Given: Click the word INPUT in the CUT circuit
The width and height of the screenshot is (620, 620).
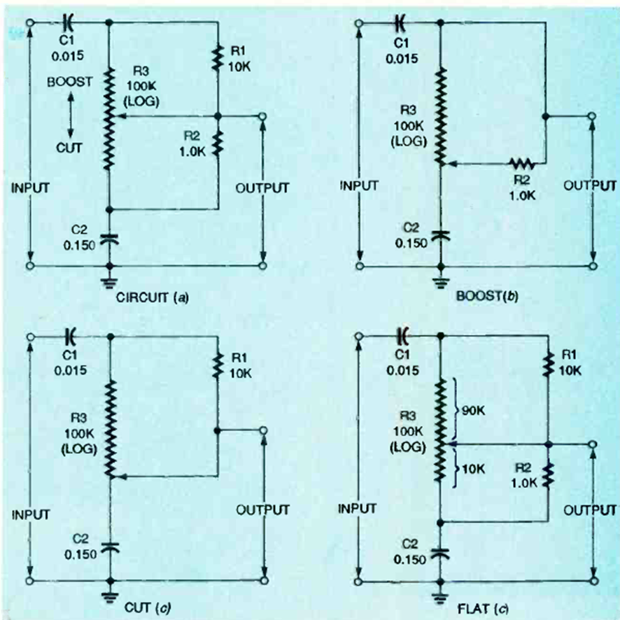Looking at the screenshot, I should click(x=30, y=514).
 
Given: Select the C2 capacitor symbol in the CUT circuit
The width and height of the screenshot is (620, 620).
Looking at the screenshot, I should click(x=110, y=547).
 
